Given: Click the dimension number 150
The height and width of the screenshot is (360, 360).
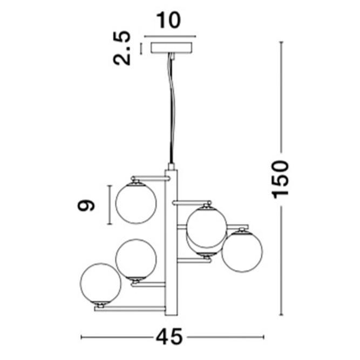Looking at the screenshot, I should (x=281, y=179).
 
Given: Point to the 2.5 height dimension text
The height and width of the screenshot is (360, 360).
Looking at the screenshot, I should (x=123, y=49).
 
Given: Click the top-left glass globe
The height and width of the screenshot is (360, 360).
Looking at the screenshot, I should (x=136, y=203).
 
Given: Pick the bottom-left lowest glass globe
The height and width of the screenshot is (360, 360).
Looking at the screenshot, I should (x=100, y=283).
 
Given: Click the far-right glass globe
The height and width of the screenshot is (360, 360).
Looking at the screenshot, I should (x=242, y=250).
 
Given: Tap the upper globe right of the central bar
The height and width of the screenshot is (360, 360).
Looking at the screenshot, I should (x=206, y=226).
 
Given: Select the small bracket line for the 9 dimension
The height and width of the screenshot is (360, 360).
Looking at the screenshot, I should (x=110, y=205).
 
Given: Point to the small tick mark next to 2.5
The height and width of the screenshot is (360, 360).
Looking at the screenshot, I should (x=141, y=48).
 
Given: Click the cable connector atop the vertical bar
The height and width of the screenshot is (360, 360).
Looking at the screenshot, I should (x=171, y=166).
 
